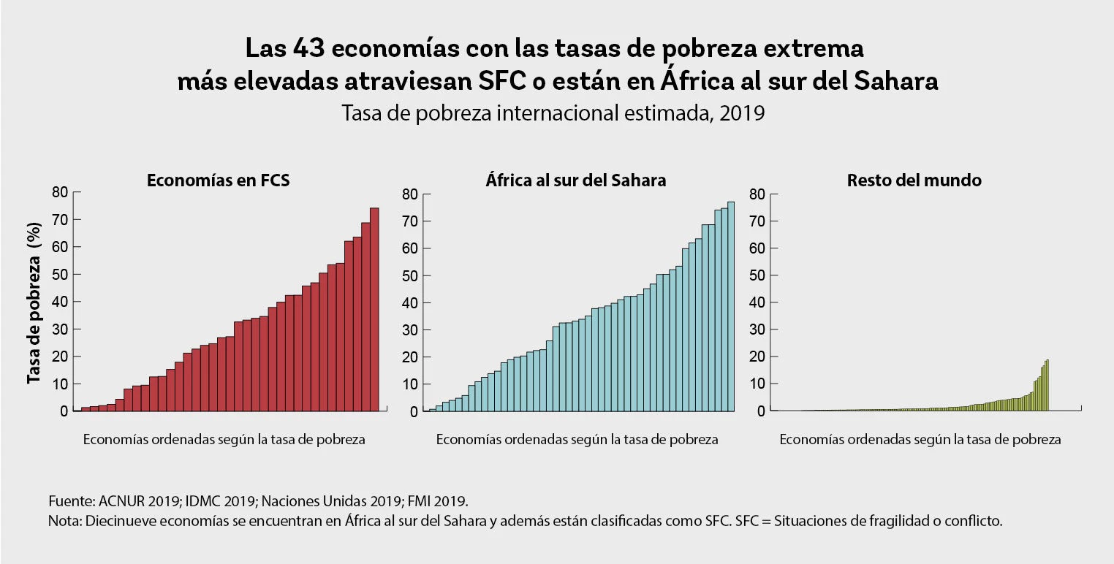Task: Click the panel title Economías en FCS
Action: coord(218,180)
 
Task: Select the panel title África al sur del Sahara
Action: coord(575,180)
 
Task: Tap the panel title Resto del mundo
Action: coord(914,180)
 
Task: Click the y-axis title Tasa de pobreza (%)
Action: coord(34,302)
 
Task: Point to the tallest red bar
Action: coord(374,307)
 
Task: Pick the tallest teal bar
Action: coord(730,307)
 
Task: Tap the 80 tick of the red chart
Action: coord(59,192)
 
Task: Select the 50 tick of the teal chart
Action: coord(411,275)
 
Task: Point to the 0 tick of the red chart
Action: coord(64,411)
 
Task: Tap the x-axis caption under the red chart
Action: coord(224,440)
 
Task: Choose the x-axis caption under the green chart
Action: coord(920,440)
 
